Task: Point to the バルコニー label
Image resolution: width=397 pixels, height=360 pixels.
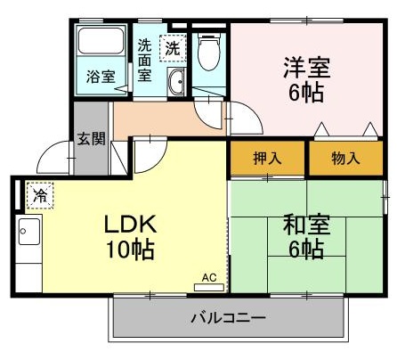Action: (x=228, y=317)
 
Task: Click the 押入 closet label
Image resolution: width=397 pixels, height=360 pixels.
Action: (x=268, y=159)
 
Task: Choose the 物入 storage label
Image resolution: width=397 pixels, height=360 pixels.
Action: (x=345, y=159)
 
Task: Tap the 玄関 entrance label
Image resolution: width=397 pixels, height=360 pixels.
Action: (x=90, y=139)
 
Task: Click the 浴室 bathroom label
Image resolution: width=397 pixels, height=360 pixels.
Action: (x=100, y=77)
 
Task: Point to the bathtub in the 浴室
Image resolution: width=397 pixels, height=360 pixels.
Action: (x=101, y=44)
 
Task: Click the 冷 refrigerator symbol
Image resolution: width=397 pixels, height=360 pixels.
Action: (x=39, y=193)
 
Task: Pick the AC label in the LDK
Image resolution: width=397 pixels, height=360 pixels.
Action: (x=210, y=277)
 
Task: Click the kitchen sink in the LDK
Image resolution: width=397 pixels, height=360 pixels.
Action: (x=28, y=234)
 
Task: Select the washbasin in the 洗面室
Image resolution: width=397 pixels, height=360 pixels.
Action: (x=177, y=81)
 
